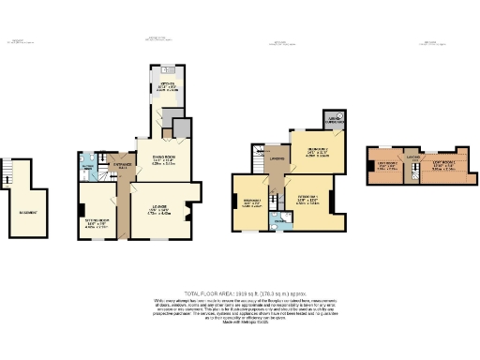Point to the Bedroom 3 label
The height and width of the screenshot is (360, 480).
coord(252,202)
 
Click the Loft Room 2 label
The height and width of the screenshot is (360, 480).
coord(387,168)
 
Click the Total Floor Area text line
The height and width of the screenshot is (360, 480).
coord(239,292)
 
